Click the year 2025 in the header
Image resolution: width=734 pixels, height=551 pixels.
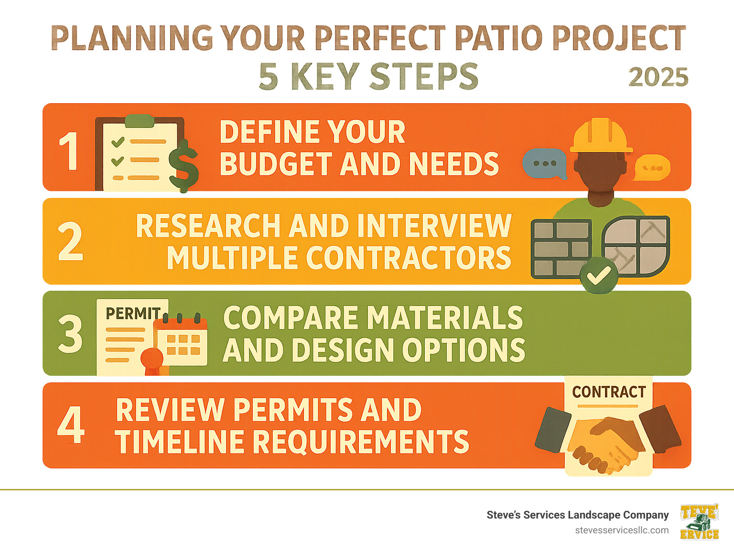click(x=658, y=77)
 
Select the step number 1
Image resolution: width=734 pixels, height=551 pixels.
click(x=70, y=151)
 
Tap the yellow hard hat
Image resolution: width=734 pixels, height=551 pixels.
click(x=602, y=136)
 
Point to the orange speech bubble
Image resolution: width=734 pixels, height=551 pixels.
click(x=652, y=167)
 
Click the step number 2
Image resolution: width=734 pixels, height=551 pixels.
click(x=70, y=242)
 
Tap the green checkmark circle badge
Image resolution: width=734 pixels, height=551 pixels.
click(x=598, y=275)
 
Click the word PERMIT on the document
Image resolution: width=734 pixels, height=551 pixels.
click(x=133, y=314)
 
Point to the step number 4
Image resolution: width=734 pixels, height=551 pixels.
click(x=71, y=424)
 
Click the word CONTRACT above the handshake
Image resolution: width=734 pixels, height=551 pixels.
click(x=609, y=392)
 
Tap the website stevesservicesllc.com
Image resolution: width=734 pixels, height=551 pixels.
click(x=622, y=530)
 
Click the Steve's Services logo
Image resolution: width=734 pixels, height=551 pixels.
click(x=699, y=522)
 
